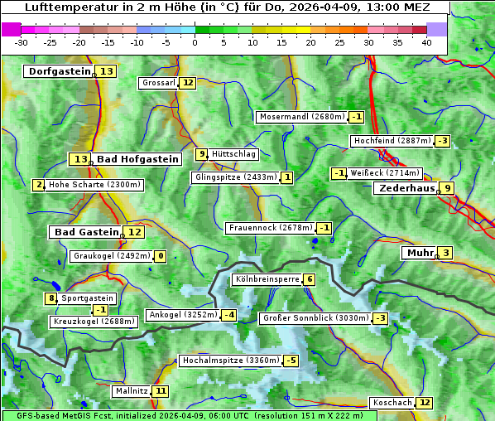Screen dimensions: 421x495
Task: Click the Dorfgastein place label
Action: [x=59, y=71]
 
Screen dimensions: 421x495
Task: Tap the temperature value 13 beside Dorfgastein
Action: [x=107, y=71]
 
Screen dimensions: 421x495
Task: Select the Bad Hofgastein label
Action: [x=137, y=159]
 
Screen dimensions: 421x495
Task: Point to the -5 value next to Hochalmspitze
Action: [x=291, y=361]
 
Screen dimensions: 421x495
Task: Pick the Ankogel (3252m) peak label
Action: [x=182, y=315]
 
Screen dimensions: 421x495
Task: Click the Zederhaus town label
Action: [x=406, y=188]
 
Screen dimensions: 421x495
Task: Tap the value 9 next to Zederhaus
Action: [x=447, y=188]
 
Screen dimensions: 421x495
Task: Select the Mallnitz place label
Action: [x=132, y=390]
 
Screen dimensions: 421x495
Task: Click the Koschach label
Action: [x=392, y=403]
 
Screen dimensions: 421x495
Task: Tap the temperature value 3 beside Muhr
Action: [x=446, y=253]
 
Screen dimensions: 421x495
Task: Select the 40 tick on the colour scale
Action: [x=426, y=42]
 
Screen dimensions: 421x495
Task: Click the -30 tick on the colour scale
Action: [x=22, y=42]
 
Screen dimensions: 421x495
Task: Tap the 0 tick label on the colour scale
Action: [x=195, y=42]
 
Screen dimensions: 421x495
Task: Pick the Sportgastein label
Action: [x=88, y=298]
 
